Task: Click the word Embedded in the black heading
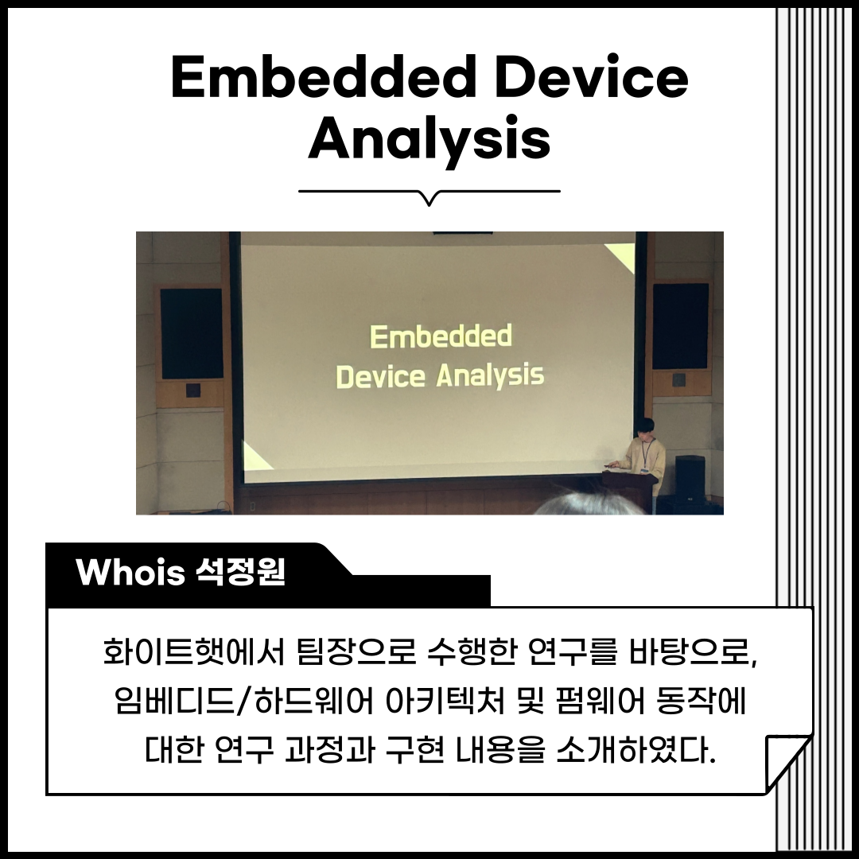pyautogui.click(x=323, y=77)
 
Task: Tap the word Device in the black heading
pyautogui.click(x=592, y=77)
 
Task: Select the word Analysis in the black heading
pyautogui.click(x=429, y=138)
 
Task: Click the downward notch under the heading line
pyautogui.click(x=429, y=198)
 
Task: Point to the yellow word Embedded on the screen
pyautogui.click(x=441, y=336)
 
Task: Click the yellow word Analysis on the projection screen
pyautogui.click(x=490, y=375)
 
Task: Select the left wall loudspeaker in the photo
pyautogui.click(x=191, y=333)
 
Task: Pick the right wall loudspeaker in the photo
pyautogui.click(x=680, y=327)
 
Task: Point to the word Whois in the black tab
pyautogui.click(x=130, y=573)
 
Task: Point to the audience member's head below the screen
pyautogui.click(x=589, y=504)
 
